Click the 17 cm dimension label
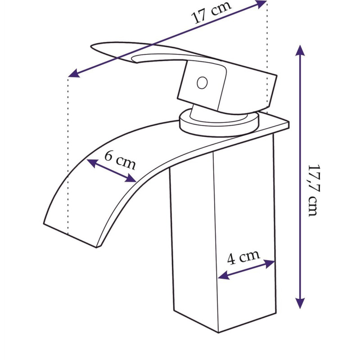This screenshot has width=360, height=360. pos(211,12)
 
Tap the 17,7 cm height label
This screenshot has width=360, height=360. pos(314,190)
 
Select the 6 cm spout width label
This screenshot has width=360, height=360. pos(120,160)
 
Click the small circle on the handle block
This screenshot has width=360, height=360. pos(202,83)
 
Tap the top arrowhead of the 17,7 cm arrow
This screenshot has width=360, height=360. pos(300,50)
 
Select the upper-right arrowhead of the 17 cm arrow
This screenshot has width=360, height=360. pos(261,4)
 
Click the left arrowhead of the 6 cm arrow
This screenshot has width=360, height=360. pos(92,163)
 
